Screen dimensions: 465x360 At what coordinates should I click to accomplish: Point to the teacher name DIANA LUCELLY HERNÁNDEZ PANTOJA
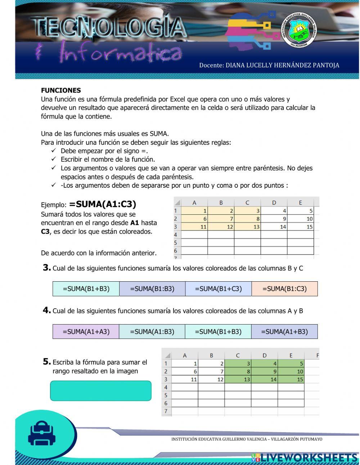pos(269,65)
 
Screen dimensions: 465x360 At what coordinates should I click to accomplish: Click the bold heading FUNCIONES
pos(61,90)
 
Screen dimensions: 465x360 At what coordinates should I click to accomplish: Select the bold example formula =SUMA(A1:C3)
pos(103,204)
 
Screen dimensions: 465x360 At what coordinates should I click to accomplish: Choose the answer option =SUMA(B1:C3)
pos(284,289)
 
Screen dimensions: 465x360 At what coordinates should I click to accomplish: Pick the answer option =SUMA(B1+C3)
pos(218,289)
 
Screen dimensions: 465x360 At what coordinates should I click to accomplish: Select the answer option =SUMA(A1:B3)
pos(152,332)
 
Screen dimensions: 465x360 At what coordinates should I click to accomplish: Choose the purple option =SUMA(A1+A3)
pos(86,332)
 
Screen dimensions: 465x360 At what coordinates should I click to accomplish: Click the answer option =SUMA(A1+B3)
pos(284,332)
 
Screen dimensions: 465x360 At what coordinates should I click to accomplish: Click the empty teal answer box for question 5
pos(100,391)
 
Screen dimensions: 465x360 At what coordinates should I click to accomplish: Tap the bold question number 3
pos(46,268)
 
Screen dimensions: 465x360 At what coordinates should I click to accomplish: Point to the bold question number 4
pos(46,310)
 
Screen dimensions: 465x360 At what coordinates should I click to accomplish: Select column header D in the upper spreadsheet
pos(274,202)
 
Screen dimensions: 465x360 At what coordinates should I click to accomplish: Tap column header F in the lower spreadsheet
pos(317,356)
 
